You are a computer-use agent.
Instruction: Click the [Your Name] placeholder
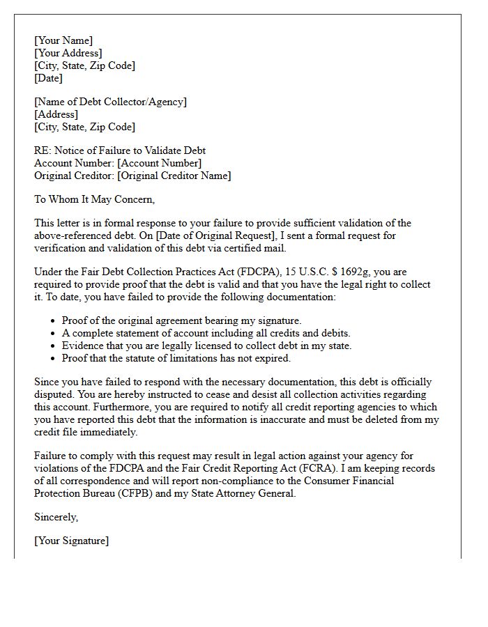pos(63,40)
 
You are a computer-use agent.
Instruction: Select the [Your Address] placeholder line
pos(68,53)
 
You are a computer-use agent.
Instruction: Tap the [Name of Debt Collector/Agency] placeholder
pos(111,102)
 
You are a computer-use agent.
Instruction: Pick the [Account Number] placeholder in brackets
pos(160,163)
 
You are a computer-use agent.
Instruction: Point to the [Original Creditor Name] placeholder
pos(174,176)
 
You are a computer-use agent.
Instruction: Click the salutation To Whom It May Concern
pos(94,199)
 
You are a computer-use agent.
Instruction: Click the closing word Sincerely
pos(56,517)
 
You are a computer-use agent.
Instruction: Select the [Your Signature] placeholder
pos(72,541)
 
